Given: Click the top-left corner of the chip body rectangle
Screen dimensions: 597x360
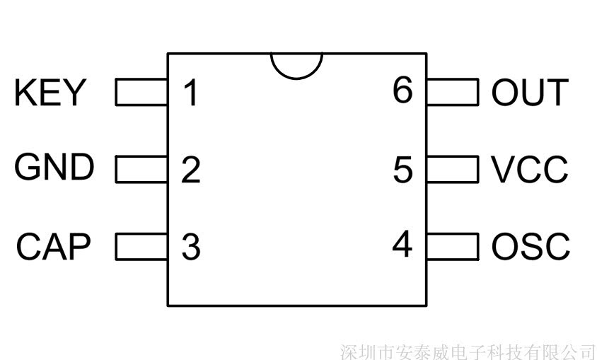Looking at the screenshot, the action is pos(168,54).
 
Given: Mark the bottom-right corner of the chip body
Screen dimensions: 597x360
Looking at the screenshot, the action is pos(427,306).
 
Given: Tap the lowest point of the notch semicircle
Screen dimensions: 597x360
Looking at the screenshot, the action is pos(296,79).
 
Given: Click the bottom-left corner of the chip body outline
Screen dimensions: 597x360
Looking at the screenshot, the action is pos(168,306).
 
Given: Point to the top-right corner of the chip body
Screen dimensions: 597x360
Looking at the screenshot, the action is pos(427,54).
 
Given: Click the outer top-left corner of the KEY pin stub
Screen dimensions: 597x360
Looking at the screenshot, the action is pos(116,79).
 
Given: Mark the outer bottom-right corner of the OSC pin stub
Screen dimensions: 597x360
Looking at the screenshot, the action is pos(478,260).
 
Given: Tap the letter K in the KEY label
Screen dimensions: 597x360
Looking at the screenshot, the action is pos(25,92).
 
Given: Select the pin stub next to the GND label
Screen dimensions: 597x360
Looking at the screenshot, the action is pos(141,169).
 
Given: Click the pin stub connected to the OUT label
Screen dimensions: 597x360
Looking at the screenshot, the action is pos(453,92).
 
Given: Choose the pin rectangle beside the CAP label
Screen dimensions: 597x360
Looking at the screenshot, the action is pos(141,247).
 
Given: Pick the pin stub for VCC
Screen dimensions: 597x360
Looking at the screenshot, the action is pos(453,169).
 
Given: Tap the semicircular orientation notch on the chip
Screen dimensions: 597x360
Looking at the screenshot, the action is pos(296,66).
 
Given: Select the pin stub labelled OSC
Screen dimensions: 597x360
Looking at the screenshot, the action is pos(453,247).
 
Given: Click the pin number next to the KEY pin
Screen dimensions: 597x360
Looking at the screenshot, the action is pos(191,93).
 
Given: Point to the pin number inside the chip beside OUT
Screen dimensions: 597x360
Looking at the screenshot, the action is pos(402,90).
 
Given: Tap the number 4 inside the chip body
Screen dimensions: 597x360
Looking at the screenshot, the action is pos(402,243).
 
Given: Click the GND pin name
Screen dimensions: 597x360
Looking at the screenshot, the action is pos(54,167).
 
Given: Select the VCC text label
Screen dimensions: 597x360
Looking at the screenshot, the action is pos(529,169).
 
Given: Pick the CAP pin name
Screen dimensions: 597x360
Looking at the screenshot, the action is pos(54,247).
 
